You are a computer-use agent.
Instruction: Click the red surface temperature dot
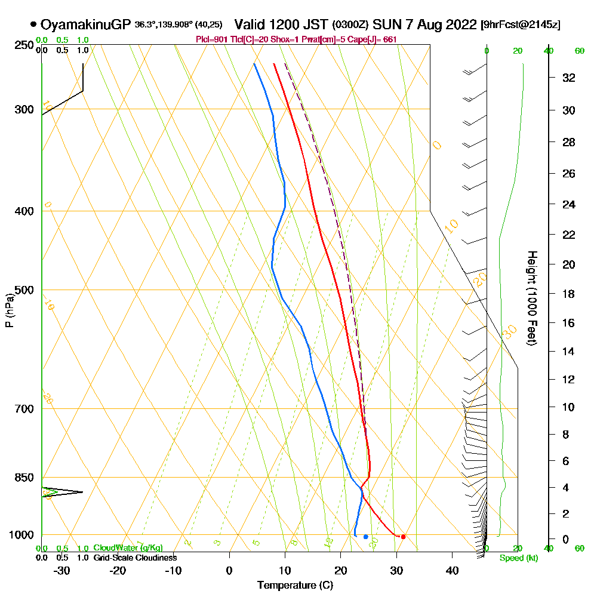[x=404, y=537]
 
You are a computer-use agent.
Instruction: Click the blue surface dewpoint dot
[x=366, y=537]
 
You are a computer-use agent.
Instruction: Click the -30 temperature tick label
[x=62, y=570]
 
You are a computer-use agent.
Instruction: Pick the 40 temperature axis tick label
[x=452, y=570]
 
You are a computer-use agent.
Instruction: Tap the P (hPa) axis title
[x=9, y=310]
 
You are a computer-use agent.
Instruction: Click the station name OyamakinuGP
[x=86, y=25]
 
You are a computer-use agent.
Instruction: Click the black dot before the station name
[x=33, y=25]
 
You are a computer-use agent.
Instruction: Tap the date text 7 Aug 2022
[x=442, y=25]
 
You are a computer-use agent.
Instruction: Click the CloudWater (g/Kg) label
[x=128, y=548]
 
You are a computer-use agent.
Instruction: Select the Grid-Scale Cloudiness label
[x=135, y=558]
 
